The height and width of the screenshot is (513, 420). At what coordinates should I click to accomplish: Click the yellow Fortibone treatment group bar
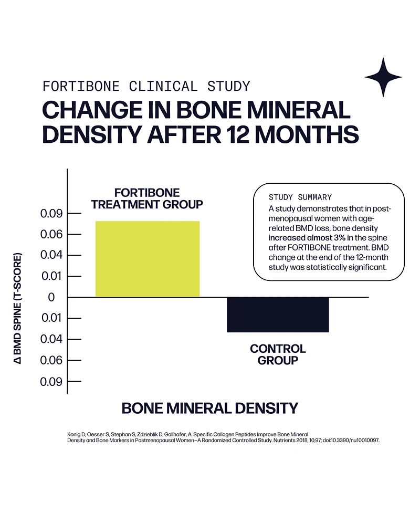point(147,259)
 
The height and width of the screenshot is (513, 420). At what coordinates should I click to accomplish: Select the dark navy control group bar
point(278,315)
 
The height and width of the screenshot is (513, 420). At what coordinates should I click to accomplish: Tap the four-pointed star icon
point(383,77)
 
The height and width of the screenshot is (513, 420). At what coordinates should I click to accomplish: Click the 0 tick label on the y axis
point(51,297)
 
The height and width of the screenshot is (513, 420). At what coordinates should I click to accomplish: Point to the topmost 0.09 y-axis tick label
point(51,214)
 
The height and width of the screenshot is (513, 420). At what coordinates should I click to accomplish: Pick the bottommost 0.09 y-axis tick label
point(51,382)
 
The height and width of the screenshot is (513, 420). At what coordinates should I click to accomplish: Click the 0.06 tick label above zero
point(51,234)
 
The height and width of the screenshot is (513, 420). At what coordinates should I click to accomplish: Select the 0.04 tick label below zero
point(51,339)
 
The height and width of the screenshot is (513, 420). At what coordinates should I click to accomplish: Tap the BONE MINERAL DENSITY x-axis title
point(209,408)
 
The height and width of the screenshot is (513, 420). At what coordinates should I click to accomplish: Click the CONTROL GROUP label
point(278,354)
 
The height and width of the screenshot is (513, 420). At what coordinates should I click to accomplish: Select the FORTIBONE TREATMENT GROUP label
point(147,198)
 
